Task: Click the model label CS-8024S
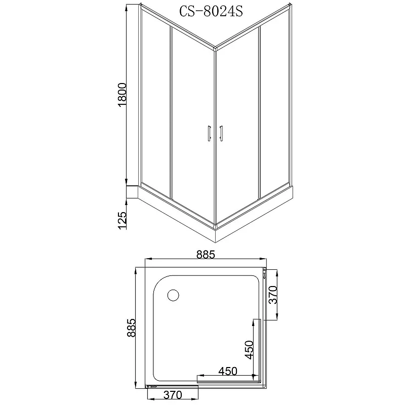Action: (x=211, y=11)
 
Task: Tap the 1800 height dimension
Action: (x=122, y=95)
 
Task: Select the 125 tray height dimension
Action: (x=122, y=221)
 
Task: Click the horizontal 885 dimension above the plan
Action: (x=206, y=255)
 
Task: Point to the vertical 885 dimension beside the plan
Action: (x=131, y=328)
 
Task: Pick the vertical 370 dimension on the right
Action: (x=273, y=295)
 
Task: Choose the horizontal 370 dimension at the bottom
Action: (x=173, y=395)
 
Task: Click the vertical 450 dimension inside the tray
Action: (x=250, y=350)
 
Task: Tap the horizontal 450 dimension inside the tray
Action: (x=228, y=371)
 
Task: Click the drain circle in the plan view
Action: (x=173, y=295)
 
